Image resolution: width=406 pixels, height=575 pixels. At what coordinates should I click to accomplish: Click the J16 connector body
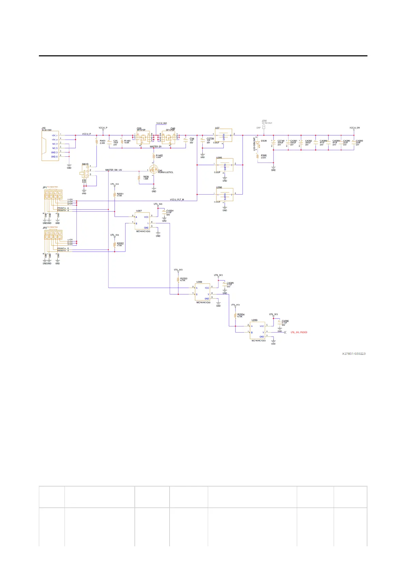[x=50, y=146]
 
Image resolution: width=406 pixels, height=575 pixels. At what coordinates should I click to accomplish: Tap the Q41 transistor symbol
[x=154, y=170]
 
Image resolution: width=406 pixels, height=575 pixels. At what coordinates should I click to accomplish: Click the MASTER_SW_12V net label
[x=114, y=170]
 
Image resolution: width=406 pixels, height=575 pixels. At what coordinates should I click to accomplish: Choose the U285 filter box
[x=224, y=165]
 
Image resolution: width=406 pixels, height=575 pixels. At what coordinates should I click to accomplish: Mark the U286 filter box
[x=224, y=195]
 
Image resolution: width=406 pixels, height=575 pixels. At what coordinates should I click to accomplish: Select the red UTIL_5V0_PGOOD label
[x=299, y=332]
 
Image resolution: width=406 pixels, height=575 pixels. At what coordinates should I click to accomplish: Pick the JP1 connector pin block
[x=54, y=195]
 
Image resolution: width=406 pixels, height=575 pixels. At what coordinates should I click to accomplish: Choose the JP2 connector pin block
[x=54, y=235]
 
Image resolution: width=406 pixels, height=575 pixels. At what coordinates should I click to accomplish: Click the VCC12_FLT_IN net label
[x=177, y=199]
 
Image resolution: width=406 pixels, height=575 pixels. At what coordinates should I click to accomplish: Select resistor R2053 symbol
[x=178, y=280]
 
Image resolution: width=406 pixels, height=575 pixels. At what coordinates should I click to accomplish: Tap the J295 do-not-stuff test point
[x=264, y=127]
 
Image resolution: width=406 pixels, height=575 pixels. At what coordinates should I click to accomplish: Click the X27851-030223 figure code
[x=354, y=354]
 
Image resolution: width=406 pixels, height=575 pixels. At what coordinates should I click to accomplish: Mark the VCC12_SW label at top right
[x=354, y=128]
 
